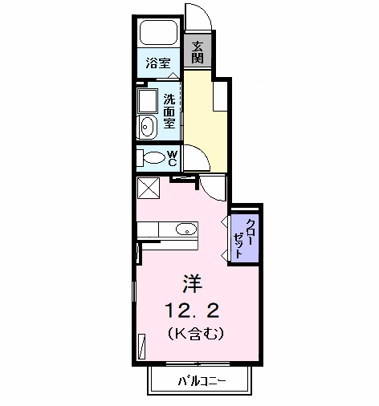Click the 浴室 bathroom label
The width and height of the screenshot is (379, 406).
pyautogui.click(x=158, y=63)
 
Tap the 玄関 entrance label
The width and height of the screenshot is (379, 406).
pyautogui.click(x=198, y=52)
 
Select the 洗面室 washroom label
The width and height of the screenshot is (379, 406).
pyautogui.click(x=169, y=111)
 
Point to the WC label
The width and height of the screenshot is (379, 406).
pyautogui.click(x=173, y=158)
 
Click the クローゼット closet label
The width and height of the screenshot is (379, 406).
pyautogui.click(x=243, y=238)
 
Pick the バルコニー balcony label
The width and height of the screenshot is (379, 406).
pyautogui.click(x=202, y=381)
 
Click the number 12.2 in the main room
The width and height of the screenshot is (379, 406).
pyautogui.click(x=193, y=311)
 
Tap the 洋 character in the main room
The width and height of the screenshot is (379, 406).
pyautogui.click(x=193, y=283)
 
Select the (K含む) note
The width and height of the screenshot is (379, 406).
pyautogui.click(x=196, y=334)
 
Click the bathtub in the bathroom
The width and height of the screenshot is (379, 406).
pyautogui.click(x=159, y=33)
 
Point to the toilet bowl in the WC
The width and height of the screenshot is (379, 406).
pyautogui.click(x=154, y=157)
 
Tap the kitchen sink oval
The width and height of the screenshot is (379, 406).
pyautogui.click(x=186, y=229)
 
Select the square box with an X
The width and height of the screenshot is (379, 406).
pyautogui.click(x=149, y=188)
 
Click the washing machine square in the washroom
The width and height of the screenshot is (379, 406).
pyautogui.click(x=148, y=101)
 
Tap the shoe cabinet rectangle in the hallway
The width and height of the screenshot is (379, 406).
pyautogui.click(x=220, y=96)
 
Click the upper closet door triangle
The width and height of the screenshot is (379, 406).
pyautogui.click(x=224, y=221)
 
